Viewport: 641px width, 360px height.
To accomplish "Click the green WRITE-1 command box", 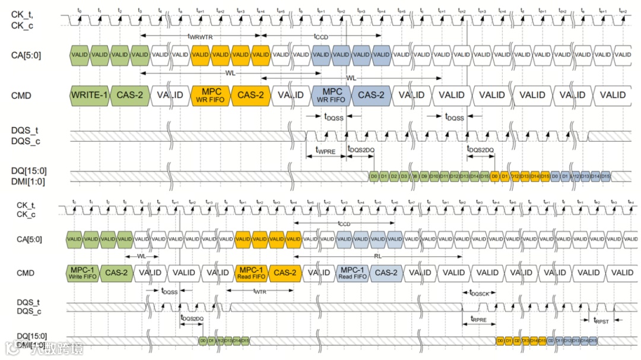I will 90,95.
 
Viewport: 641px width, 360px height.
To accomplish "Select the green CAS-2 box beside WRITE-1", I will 130,95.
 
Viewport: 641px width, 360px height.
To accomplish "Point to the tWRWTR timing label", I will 200,36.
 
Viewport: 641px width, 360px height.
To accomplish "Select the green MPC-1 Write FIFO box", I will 82,273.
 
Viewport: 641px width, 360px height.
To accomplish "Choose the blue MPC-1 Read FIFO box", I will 353,273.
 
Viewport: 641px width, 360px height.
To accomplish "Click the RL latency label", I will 377,256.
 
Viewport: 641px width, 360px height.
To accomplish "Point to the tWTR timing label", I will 259,291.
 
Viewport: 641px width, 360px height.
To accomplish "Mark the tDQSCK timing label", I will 479,292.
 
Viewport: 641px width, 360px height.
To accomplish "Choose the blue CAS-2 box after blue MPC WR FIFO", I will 371,95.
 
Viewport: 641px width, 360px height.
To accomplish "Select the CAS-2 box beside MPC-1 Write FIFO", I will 116,273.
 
